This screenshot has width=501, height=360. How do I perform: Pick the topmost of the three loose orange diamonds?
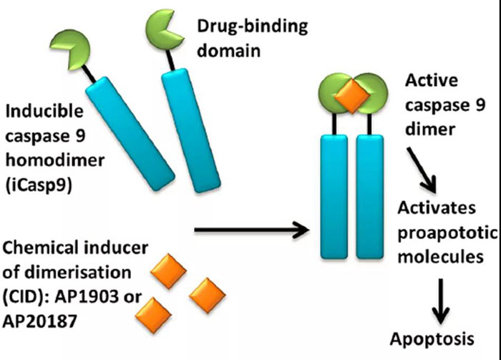point(170,270)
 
